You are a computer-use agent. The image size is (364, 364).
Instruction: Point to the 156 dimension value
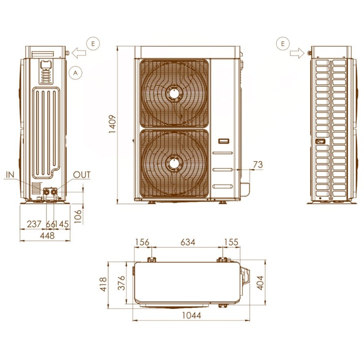coord(142,243)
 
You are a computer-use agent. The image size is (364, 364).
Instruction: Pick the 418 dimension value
coord(104,284)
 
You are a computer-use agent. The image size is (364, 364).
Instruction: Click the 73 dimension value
coord(258,165)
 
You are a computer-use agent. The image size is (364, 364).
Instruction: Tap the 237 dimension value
coord(34,223)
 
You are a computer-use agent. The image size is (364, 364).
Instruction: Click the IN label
coord(11,175)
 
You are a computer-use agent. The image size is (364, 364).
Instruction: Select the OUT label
coord(82,175)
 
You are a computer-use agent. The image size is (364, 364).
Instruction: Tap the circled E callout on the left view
coord(93,43)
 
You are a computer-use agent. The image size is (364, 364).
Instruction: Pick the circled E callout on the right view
coord(283,43)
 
